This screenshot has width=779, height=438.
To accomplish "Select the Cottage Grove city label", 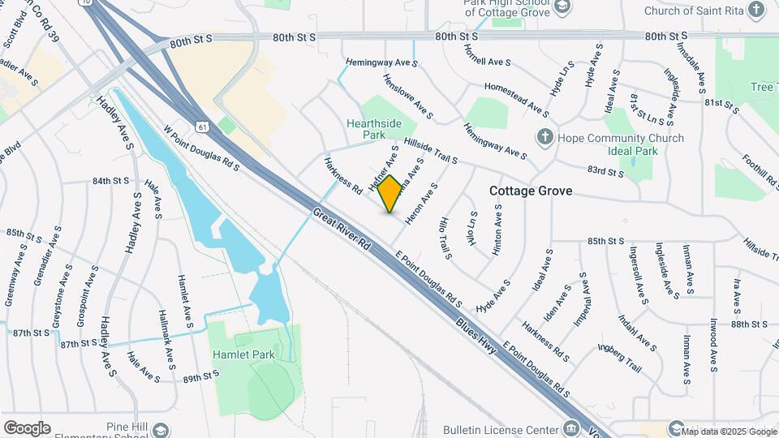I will tap(531, 191).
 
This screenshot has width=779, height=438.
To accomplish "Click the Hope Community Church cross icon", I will tap(545, 137).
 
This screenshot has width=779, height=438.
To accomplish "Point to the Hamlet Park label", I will tap(243, 354).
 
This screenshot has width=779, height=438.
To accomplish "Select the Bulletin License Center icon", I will tap(571, 428).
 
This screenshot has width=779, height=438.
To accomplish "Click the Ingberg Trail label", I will tap(620, 359).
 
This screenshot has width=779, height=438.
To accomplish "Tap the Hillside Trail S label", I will tap(425, 150).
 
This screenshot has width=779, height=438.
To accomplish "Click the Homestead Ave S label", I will tap(516, 97).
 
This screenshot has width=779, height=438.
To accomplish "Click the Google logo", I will tap(27, 428).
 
